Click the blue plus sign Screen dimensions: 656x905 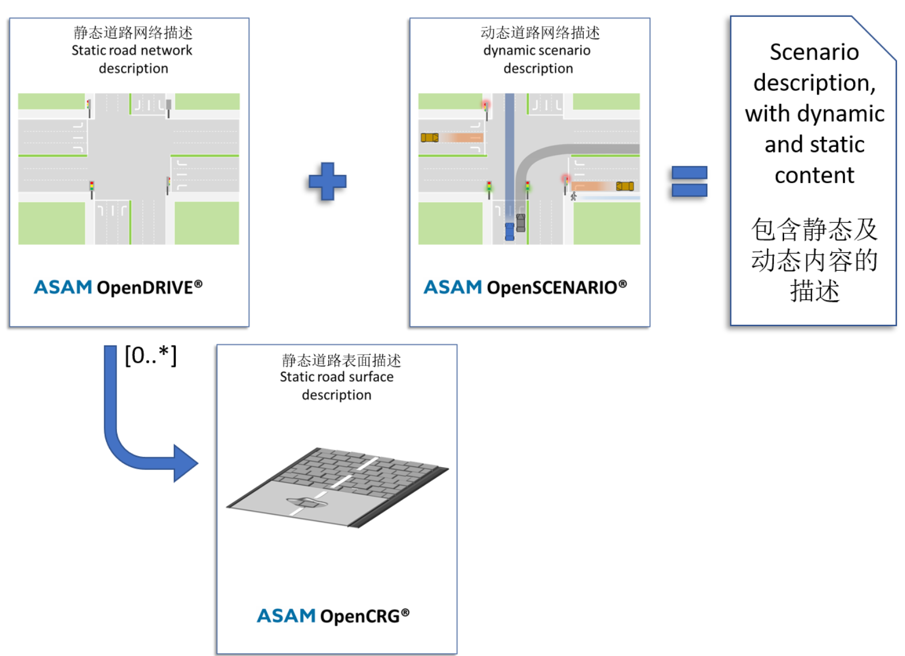point(327,181)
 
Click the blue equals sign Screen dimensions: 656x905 point(689,181)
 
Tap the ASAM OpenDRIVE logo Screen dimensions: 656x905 point(118,287)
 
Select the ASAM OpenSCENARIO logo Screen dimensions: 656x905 point(525,287)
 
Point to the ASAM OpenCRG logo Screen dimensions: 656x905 point(333,616)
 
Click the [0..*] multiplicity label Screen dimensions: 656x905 point(150,355)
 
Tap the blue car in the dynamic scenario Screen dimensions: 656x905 point(509,231)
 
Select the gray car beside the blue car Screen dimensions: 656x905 point(521,222)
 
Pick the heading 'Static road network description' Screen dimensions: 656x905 point(132,59)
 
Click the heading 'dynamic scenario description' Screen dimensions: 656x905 point(537,59)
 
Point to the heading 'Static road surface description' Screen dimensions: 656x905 point(337,386)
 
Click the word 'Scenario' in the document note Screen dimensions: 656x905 point(814,52)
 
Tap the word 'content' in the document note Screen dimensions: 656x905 point(814,175)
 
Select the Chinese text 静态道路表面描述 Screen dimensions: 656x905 point(341,361)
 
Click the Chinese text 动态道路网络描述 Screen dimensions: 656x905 point(540,33)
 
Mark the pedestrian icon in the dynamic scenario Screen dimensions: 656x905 point(573,196)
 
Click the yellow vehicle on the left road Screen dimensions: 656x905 point(430,138)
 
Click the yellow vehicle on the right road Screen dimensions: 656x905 point(625,186)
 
